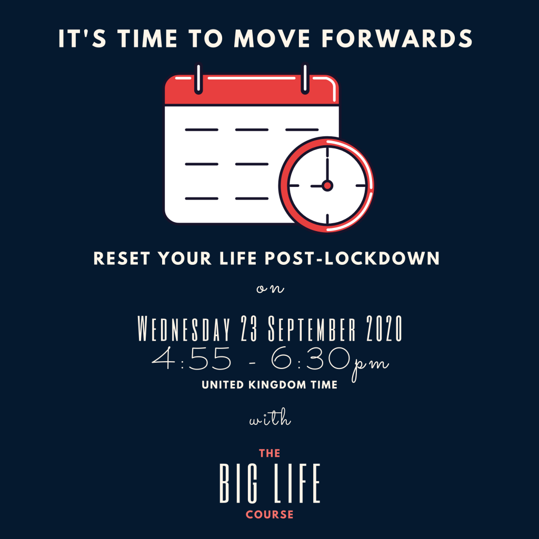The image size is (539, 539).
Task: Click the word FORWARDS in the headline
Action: pos(397,38)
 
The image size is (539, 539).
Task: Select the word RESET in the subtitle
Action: pos(122,258)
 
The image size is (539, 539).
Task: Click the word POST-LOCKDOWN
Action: pos(352,258)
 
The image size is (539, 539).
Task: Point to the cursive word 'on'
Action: pos(270,289)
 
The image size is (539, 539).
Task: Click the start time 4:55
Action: pos(192,358)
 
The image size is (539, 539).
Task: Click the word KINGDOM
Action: pos(277,385)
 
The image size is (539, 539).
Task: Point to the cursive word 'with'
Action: pos(270,417)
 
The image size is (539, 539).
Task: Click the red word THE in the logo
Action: pos(270,453)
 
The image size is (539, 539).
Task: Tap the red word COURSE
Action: pos(270,515)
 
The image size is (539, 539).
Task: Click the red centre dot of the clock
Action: pos(327,186)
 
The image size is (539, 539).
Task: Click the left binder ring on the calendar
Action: pos(198,79)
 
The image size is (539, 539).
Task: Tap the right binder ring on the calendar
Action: pos(305,79)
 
